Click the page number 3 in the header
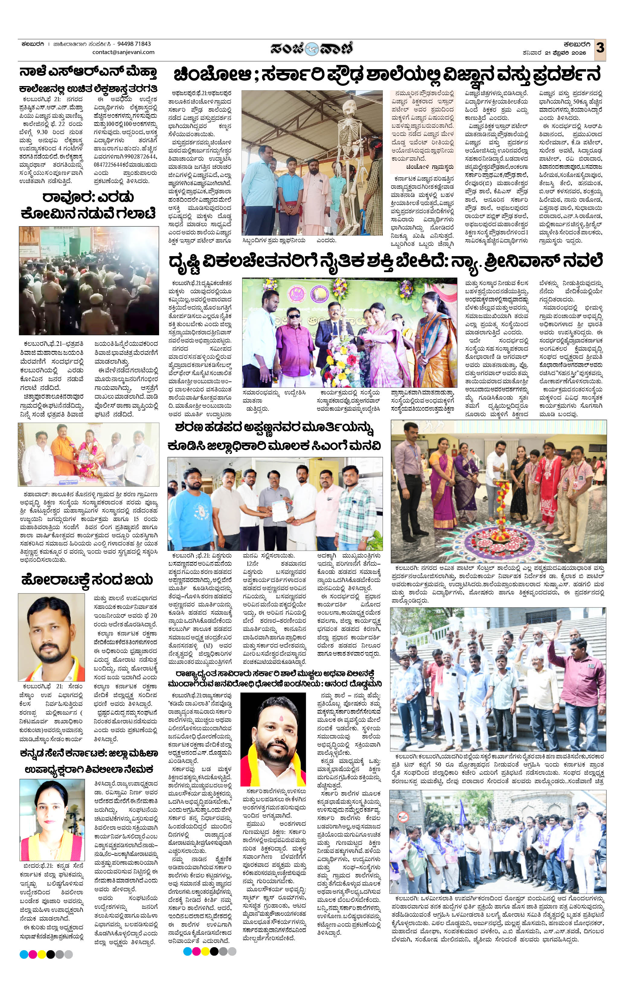[x=600, y=48]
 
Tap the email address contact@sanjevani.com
[x=123, y=52]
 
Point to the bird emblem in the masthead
[x=312, y=49]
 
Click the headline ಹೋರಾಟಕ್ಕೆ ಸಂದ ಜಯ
[x=87, y=579]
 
